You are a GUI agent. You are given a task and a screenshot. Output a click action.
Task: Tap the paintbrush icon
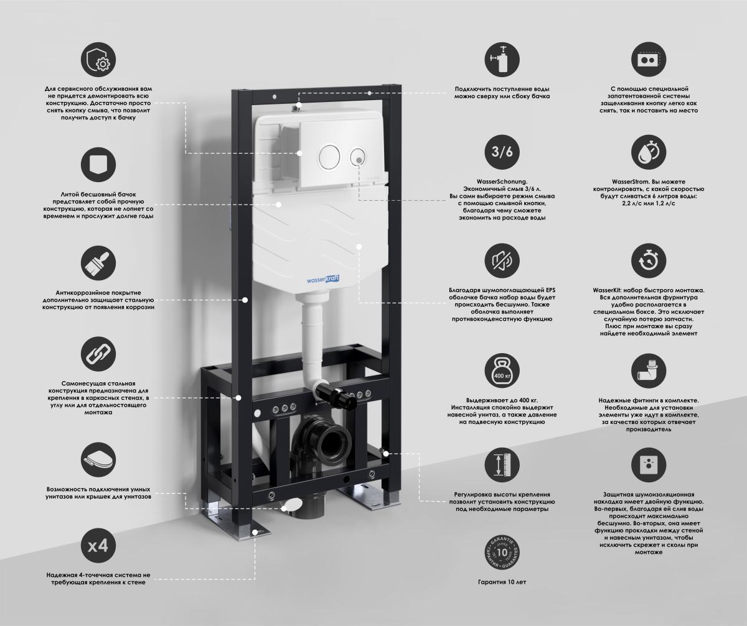click(98, 263)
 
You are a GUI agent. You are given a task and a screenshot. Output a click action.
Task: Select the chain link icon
click(98, 354)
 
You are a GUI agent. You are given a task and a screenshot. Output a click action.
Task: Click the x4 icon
click(98, 546)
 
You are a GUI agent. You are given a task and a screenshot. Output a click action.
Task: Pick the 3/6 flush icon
click(502, 152)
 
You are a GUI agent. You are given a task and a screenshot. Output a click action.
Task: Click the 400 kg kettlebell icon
click(502, 371)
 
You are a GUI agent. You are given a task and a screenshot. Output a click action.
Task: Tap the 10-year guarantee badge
click(502, 553)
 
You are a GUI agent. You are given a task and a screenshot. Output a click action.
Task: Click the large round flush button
click(328, 156)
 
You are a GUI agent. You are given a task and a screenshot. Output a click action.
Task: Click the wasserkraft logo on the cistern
click(323, 279)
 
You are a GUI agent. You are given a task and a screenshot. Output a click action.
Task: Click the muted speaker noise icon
click(502, 261)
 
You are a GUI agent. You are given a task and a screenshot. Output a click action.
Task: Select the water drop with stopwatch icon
click(648, 152)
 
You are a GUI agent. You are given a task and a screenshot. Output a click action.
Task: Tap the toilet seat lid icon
click(98, 461)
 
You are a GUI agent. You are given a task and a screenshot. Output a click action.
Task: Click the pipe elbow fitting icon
click(648, 371)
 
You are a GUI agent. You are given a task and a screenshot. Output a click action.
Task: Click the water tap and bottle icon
click(502, 59)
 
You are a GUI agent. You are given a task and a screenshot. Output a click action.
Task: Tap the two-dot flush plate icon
click(648, 59)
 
